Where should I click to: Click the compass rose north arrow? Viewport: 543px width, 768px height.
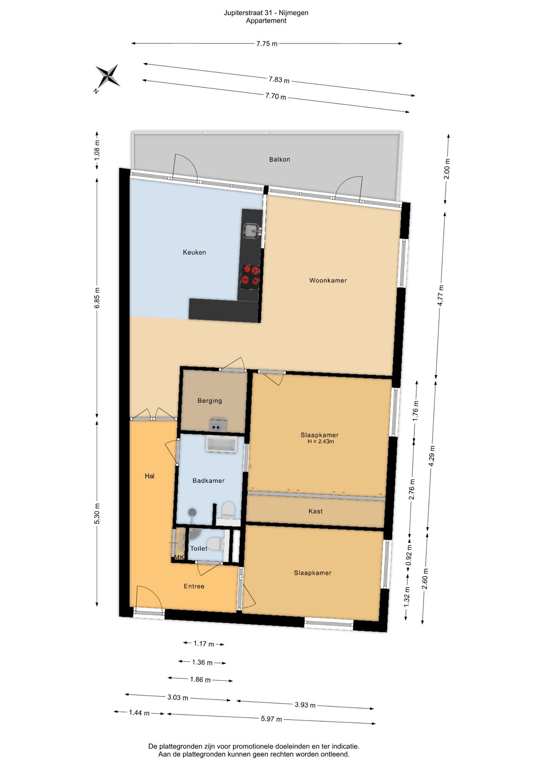point(107,76)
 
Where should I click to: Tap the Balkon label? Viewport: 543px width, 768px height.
point(279,160)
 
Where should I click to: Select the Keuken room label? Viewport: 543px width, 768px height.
point(194,252)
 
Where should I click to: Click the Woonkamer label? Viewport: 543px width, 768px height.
point(328,280)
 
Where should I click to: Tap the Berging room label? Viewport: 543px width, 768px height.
point(210,401)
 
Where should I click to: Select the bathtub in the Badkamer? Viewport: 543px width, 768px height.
point(221,444)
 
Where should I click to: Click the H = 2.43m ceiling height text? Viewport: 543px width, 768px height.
point(321,442)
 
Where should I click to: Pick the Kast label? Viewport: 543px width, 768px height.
point(315,511)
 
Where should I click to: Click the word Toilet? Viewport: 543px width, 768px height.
point(199,548)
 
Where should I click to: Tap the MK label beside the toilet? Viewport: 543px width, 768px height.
point(179,557)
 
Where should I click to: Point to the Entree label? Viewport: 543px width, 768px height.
point(194,586)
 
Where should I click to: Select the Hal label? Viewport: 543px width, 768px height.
point(150,476)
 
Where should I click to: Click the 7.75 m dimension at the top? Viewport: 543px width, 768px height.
point(267,44)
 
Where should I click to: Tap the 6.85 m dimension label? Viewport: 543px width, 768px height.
point(97,298)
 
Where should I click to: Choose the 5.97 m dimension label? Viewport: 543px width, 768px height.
point(271,719)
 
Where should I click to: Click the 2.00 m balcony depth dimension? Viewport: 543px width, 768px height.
point(447,169)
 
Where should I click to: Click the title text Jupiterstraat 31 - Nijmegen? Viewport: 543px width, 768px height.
point(266,13)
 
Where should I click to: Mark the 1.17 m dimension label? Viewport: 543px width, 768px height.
point(204,644)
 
